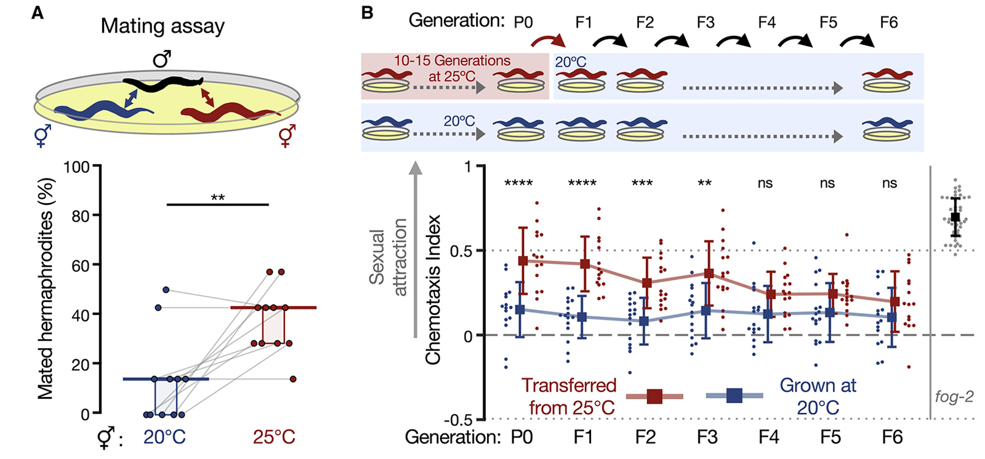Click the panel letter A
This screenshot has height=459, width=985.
click(38, 12)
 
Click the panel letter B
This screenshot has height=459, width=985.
click(368, 12)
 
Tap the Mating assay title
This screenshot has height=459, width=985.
click(163, 26)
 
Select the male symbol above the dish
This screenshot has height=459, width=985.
click(161, 59)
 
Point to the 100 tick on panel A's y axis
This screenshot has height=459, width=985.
click(77, 167)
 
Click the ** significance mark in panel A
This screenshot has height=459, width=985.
click(217, 198)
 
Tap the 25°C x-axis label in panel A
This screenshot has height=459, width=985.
click(274, 437)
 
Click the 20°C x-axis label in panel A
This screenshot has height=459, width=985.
click(164, 437)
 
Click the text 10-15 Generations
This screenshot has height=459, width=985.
click(452, 61)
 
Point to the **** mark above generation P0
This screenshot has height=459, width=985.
click(518, 183)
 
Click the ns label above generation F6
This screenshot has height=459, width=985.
click(890, 183)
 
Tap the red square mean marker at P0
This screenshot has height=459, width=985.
click(523, 261)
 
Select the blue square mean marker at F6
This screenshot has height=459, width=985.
click(892, 317)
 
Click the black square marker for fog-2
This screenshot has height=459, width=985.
click(955, 217)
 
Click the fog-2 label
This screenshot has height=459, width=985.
click(954, 397)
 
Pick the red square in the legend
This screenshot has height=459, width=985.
click(654, 396)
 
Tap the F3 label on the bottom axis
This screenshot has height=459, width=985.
click(707, 437)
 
